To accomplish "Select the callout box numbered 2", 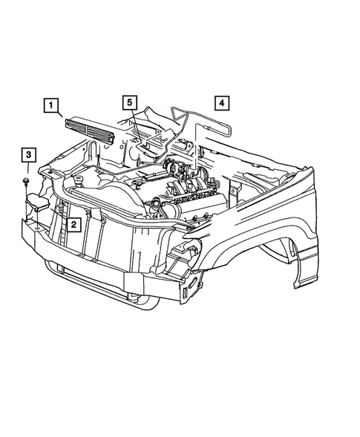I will coord(74,222).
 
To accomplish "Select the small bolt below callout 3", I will coord(27,180).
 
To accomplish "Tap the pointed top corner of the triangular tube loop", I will coord(175,108).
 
